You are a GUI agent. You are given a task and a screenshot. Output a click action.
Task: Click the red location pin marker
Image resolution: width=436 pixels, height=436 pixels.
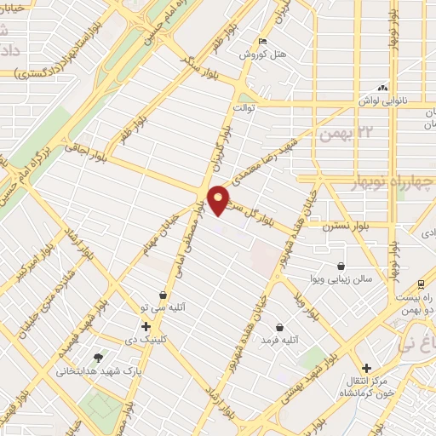[x=218, y=199]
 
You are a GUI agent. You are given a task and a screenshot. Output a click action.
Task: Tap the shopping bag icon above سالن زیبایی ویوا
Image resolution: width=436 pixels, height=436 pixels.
[x=341, y=265]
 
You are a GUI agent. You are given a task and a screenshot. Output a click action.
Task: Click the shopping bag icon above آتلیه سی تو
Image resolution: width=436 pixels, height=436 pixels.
[x=163, y=295]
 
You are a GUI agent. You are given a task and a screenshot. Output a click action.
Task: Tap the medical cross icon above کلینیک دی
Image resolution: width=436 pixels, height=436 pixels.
[x=146, y=326]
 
